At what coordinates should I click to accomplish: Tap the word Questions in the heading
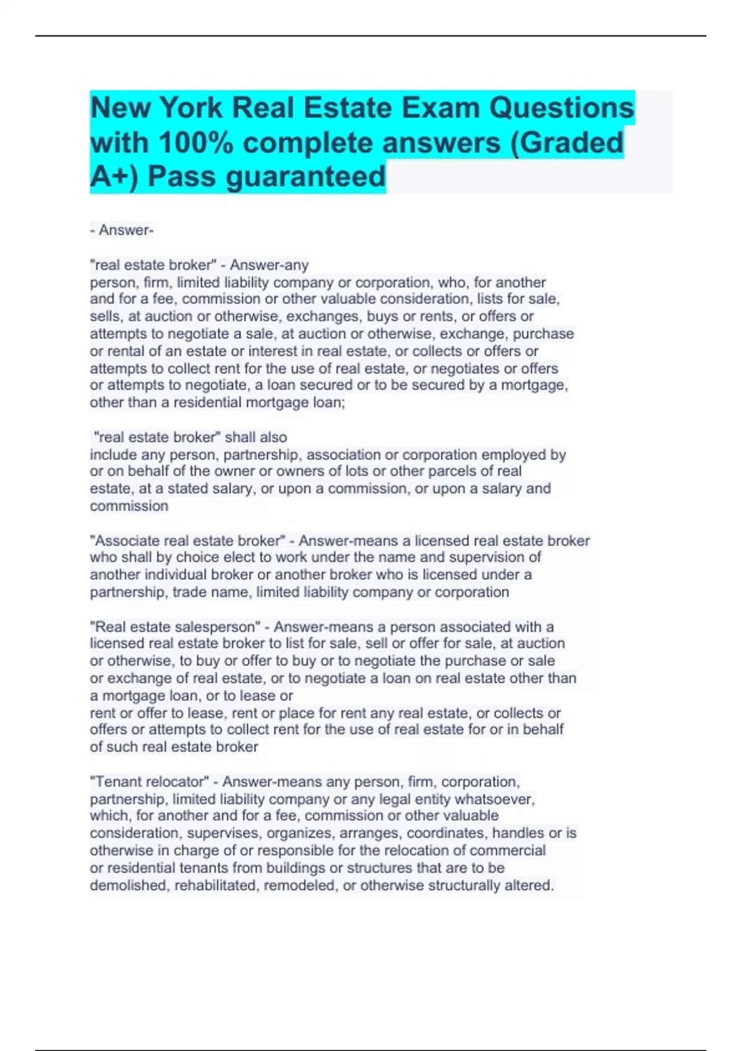[x=561, y=108]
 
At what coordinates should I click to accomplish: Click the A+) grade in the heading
[x=115, y=177]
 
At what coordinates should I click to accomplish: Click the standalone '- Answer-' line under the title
[x=122, y=230]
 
